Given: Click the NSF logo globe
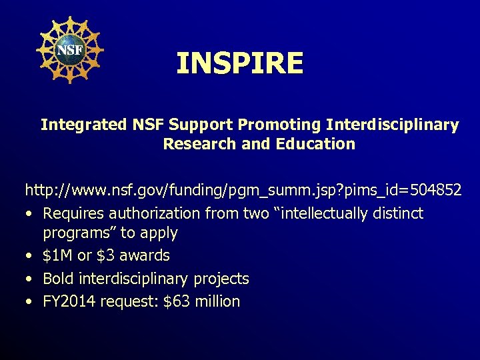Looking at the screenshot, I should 69,50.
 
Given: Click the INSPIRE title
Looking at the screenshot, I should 240,64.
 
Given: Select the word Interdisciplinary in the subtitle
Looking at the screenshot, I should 393,125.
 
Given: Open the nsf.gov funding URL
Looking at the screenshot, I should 243,191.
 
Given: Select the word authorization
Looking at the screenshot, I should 147,214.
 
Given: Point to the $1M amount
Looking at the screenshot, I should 56,256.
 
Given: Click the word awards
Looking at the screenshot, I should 147,256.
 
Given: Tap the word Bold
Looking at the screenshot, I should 57,279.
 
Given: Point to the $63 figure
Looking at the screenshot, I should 176,301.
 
